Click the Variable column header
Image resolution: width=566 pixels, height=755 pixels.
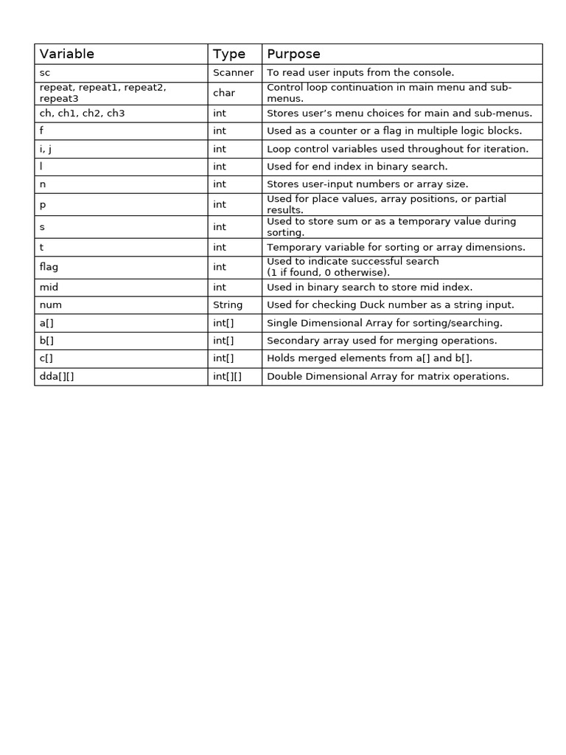67,54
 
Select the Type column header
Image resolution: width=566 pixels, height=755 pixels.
228,54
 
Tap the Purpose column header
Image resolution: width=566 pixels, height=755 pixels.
293,54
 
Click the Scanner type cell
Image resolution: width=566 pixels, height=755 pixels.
233,72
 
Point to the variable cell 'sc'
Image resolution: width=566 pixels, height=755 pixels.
45,72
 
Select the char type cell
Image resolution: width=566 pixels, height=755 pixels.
224,93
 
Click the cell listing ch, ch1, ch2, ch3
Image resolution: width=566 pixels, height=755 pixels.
82,114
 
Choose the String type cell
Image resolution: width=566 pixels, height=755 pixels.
228,305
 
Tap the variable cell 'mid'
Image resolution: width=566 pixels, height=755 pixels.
49,287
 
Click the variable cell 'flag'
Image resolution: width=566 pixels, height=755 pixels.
49,267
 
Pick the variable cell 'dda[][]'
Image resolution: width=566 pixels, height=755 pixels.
57,376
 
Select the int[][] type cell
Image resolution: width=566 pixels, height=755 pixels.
227,376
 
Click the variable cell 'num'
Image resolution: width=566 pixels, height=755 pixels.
49,305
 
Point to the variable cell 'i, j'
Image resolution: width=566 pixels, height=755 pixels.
46,149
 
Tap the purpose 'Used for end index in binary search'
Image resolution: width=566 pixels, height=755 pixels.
357,167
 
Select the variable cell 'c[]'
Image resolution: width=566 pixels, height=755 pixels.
46,358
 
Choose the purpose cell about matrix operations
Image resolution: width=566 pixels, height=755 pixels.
388,376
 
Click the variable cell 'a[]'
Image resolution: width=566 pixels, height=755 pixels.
46,323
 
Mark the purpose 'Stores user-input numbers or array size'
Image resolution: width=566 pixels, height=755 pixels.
367,184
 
